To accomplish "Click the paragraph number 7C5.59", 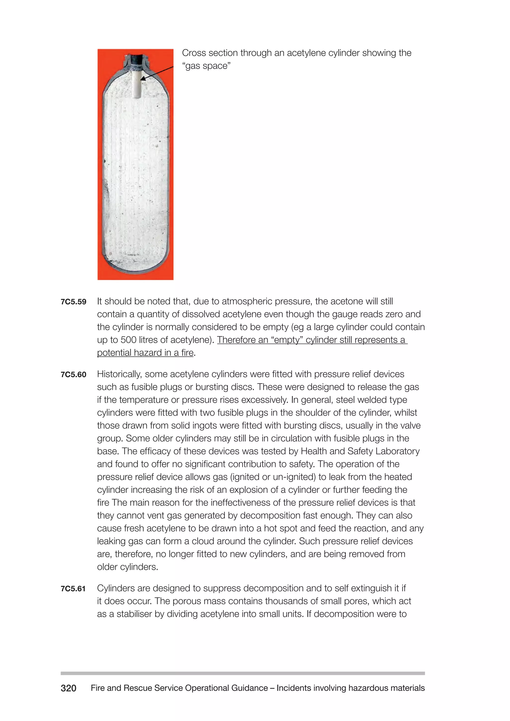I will pos(73,302).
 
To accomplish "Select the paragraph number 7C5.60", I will pos(73,375).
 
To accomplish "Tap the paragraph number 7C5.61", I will pos(73,589).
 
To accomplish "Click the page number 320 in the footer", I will pos(68,688).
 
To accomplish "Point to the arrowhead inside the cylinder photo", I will pos(143,78).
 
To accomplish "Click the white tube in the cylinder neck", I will pos(137,85).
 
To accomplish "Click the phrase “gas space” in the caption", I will pos(206,66).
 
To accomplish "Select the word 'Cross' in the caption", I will pos(194,53).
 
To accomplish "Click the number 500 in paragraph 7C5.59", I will pos(129,340).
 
